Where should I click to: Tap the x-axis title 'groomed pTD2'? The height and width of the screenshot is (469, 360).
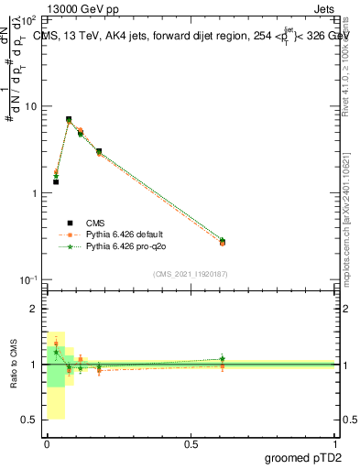click(302, 459)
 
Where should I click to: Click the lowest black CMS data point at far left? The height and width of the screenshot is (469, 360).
click(56, 181)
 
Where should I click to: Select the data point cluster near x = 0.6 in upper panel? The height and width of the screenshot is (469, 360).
click(223, 242)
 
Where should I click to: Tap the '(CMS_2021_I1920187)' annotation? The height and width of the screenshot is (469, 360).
click(191, 273)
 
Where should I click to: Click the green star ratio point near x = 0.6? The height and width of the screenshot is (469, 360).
click(223, 358)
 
